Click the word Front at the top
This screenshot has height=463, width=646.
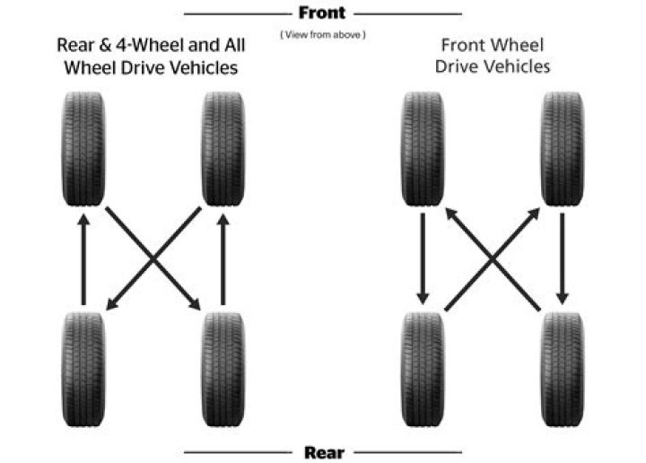click(x=323, y=13)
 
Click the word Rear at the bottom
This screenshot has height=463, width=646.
click(x=323, y=451)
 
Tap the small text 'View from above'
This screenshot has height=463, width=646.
click(x=323, y=34)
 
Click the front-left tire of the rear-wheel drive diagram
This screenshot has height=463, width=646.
click(x=83, y=150)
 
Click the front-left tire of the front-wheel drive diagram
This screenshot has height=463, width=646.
click(x=421, y=150)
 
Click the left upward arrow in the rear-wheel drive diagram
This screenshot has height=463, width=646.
click(x=83, y=260)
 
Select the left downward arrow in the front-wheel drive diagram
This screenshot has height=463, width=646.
click(x=421, y=260)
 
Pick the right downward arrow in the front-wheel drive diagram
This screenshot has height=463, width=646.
click(x=563, y=260)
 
